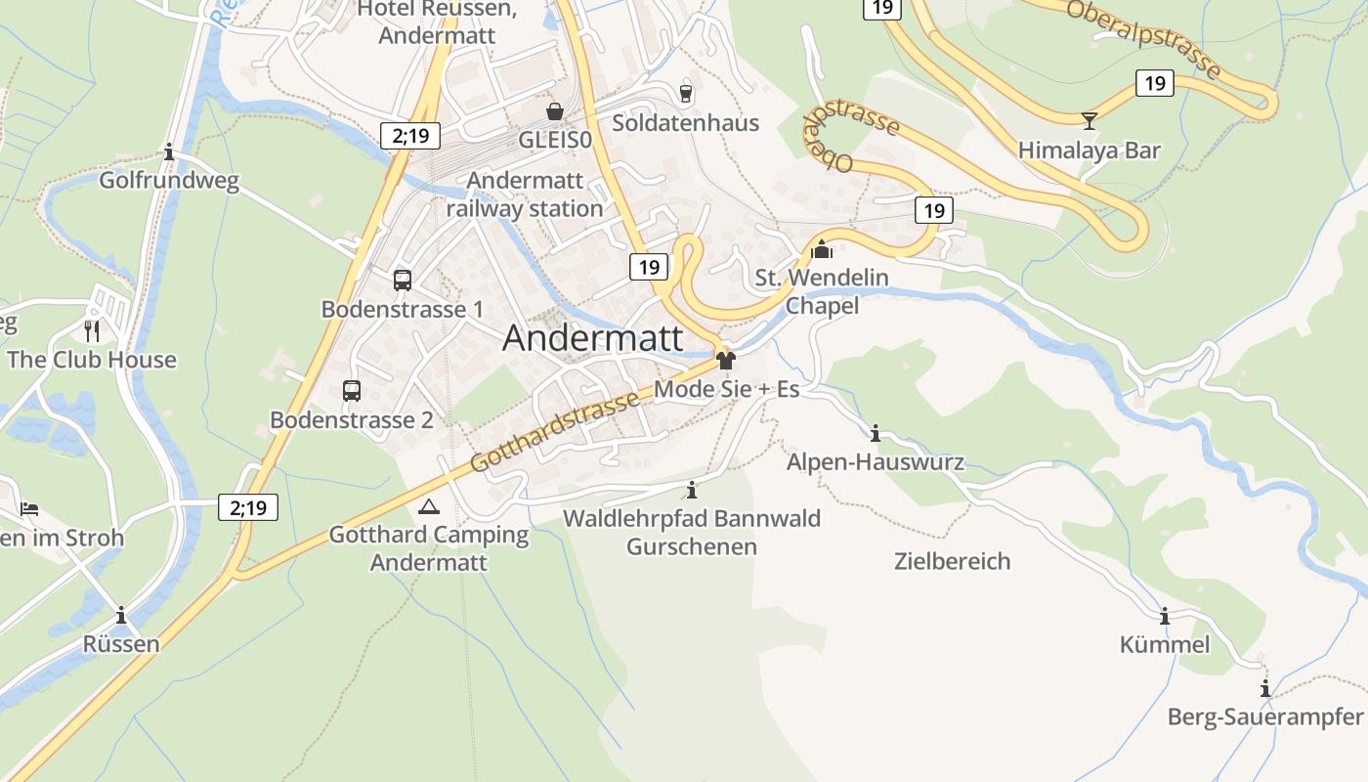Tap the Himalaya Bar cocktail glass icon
tap(1090, 121)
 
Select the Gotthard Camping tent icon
tap(428, 506)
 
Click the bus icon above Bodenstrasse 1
tap(402, 281)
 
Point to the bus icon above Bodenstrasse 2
tap(352, 391)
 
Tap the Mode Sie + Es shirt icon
tap(725, 360)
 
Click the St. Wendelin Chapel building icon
tap(823, 249)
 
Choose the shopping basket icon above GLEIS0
tap(555, 111)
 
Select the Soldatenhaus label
tap(685, 123)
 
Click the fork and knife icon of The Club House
tap(92, 329)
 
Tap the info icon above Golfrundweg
tap(170, 152)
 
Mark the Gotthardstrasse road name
tap(554, 431)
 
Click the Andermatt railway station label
tap(525, 195)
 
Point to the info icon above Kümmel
tap(1164, 617)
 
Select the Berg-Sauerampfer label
tap(1264, 717)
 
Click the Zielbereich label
tap(952, 561)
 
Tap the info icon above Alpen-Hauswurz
tap(876, 433)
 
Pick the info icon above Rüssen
tap(121, 616)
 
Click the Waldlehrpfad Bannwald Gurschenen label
tap(692, 532)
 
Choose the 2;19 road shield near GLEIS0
tap(410, 136)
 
